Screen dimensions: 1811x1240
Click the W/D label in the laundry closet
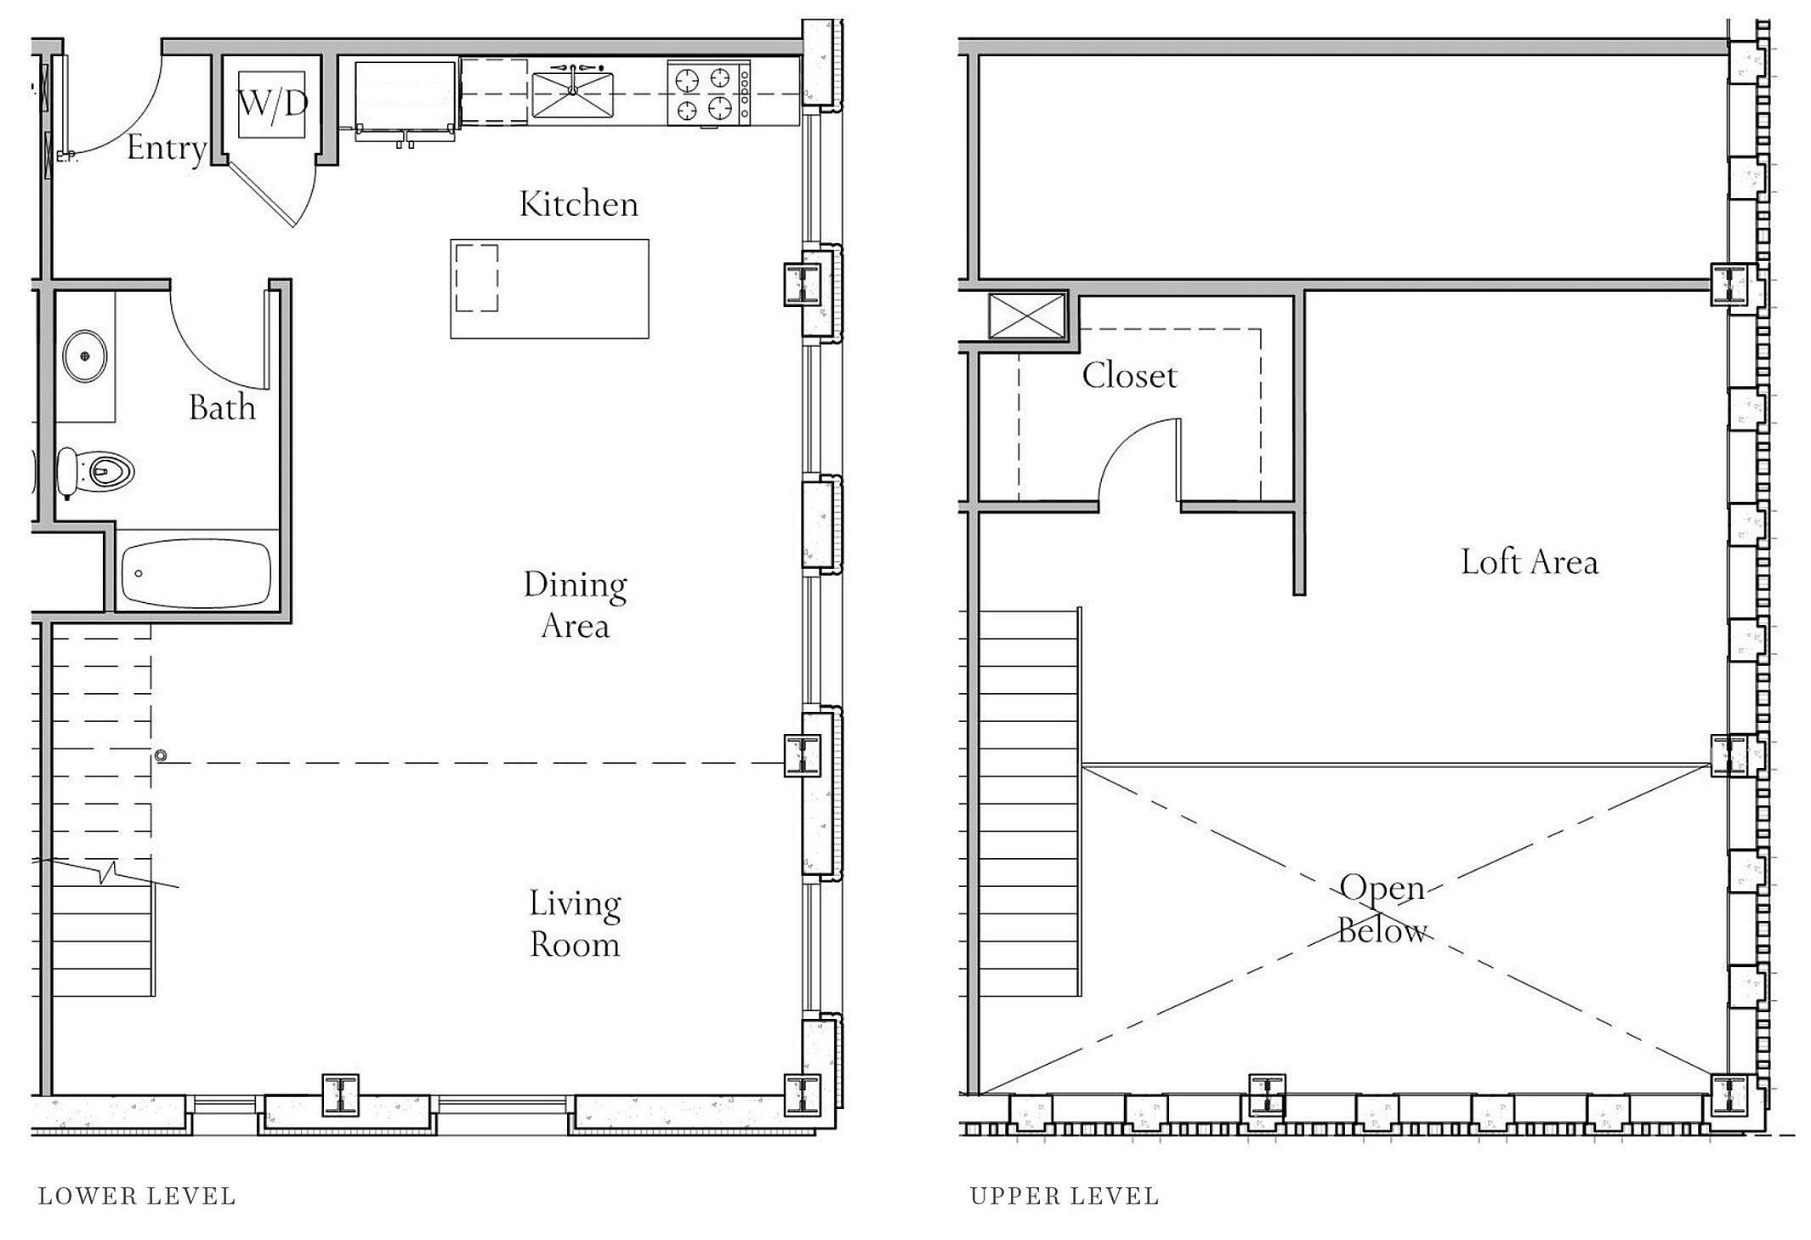coord(272,104)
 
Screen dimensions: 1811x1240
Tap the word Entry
coord(167,149)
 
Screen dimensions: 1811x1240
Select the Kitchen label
coord(578,204)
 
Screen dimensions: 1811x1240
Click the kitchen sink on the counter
coord(572,94)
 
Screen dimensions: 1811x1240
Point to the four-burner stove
coord(708,94)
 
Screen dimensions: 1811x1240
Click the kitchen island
coord(549,289)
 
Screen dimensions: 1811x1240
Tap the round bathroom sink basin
coord(84,356)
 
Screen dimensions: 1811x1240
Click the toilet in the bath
coord(95,472)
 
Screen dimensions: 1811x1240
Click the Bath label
coord(222,407)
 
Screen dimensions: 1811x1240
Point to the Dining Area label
coord(576,605)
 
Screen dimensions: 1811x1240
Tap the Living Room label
coord(576,924)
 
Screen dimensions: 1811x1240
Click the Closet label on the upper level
coord(1129,375)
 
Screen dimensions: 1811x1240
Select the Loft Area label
coord(1530,562)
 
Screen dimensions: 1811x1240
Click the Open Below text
coord(1382,909)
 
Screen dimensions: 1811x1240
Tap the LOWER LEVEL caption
coord(137,1197)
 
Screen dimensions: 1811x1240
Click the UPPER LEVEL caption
coord(1064,1197)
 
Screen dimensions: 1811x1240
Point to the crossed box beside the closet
coord(1027,316)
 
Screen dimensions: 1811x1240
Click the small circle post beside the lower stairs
coord(161,755)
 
